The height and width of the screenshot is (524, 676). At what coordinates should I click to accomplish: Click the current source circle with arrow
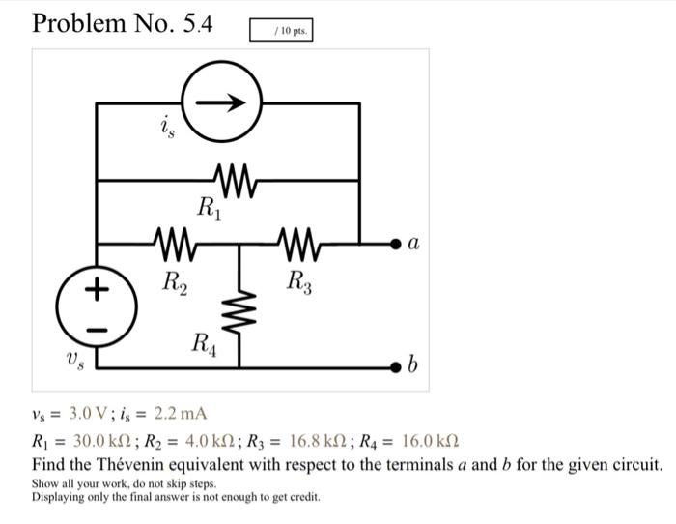221,102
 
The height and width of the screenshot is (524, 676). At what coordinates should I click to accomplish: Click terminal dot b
395,366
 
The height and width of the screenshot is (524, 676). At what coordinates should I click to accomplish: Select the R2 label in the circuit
175,282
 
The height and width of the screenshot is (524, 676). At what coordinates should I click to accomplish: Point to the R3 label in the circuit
300,282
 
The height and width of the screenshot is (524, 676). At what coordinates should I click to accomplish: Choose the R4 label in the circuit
205,342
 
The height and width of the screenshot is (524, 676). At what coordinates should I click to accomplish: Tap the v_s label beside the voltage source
75,359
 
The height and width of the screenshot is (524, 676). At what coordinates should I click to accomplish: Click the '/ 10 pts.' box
281,31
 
